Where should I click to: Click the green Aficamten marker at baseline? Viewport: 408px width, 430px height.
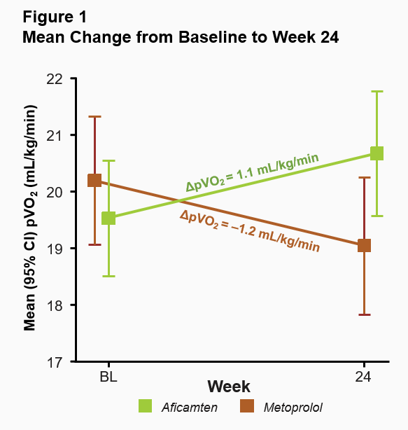(108, 218)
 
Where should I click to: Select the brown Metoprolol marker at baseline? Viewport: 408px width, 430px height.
(94, 180)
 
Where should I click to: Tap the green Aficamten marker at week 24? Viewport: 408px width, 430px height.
(377, 153)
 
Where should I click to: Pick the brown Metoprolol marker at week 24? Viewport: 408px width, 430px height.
(364, 245)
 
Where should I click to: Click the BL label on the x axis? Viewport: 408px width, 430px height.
(108, 377)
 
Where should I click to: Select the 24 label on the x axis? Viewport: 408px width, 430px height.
(363, 377)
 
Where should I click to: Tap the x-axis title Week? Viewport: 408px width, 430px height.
(228, 387)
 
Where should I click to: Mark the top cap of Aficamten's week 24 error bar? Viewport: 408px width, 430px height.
(377, 91)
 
